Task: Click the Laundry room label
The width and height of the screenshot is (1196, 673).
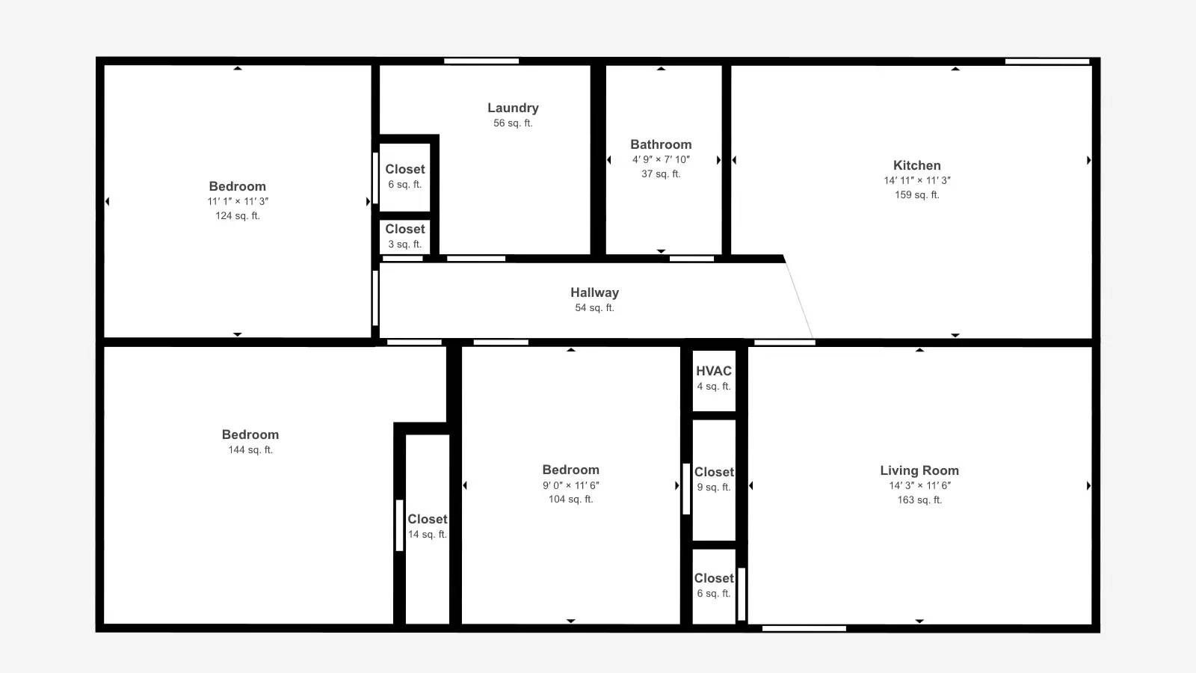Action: point(513,108)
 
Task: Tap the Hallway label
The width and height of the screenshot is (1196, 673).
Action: point(594,292)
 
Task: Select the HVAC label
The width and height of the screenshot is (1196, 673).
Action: point(714,371)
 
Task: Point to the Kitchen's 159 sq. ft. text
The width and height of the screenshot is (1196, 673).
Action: point(916,195)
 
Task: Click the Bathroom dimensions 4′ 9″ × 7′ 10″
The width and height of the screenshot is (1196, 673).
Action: point(661,160)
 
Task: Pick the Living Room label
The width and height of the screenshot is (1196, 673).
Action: point(919,470)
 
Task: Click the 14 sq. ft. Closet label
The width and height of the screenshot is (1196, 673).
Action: point(427,519)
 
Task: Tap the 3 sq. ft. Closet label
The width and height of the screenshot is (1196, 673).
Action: point(404,229)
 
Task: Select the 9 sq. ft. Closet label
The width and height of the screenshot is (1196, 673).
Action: point(714,472)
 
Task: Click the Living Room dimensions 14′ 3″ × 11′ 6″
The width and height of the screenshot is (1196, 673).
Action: point(919,485)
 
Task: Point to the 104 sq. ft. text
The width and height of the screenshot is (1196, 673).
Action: point(571,500)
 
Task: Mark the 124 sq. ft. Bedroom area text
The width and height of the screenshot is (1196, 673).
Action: point(238,216)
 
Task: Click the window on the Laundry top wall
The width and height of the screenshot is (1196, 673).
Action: point(481,61)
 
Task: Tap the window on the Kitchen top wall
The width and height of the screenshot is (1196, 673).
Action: point(1047,61)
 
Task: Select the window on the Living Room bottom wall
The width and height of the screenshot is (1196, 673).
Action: point(804,629)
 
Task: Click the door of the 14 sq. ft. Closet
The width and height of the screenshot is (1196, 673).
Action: point(399,526)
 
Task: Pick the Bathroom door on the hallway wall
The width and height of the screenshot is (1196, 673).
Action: point(691,259)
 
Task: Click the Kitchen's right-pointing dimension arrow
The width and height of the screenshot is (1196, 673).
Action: point(1088,160)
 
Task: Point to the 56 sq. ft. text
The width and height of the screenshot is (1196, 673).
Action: point(513,123)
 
